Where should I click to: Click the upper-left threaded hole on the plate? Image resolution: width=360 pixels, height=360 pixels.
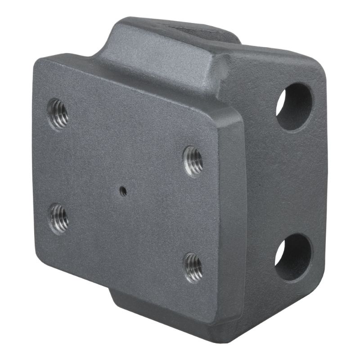tap(58, 114)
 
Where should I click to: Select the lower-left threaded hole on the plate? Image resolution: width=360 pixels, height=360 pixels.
tap(59, 219)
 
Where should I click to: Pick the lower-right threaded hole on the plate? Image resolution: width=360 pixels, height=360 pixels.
tap(193, 267)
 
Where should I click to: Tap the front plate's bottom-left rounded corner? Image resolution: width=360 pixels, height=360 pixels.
tap(40, 263)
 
